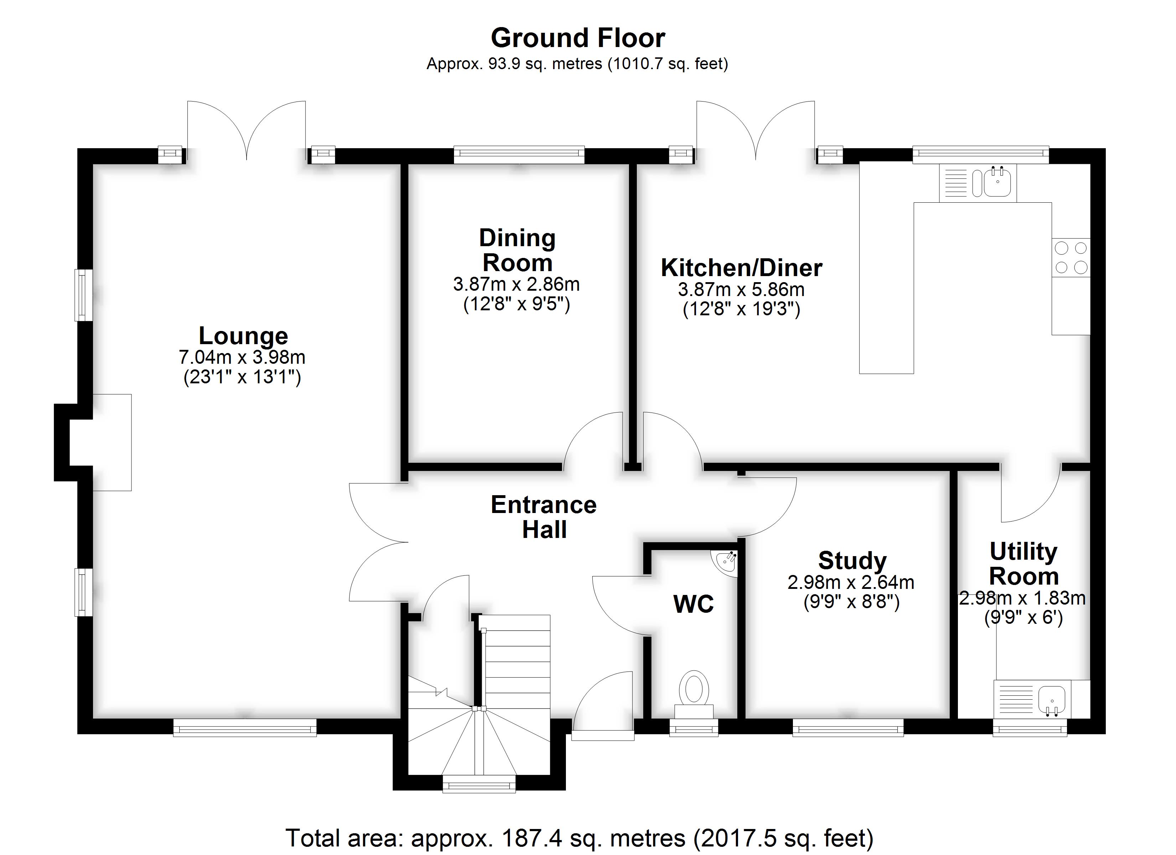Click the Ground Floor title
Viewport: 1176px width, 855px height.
click(x=578, y=38)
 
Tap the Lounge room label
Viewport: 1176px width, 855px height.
click(x=243, y=336)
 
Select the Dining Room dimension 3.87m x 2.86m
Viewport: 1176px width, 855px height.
click(x=516, y=284)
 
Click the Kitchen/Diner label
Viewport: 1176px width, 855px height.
click(x=742, y=268)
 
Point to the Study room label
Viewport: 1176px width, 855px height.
click(x=852, y=560)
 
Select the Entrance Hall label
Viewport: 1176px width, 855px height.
click(x=544, y=517)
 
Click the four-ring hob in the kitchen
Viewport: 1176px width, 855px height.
click(x=1071, y=258)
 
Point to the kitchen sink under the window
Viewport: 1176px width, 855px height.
click(x=978, y=182)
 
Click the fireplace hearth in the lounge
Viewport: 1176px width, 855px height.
click(x=112, y=442)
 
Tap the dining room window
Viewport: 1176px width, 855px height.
click(x=519, y=155)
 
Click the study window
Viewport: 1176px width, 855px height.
click(x=848, y=727)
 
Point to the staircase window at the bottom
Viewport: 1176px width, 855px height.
click(x=479, y=784)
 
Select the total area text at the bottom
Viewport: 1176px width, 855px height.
click(x=580, y=838)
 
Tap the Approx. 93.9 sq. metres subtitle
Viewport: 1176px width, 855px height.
click(x=577, y=64)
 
